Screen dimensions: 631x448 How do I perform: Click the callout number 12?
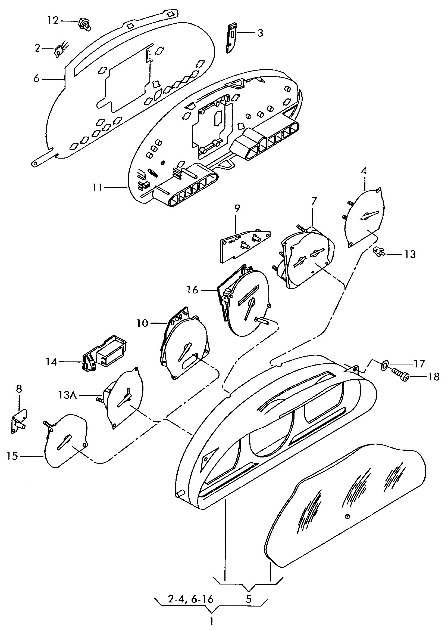click(x=53, y=20)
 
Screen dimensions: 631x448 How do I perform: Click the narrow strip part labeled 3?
click(x=231, y=38)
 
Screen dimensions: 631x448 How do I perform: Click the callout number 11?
click(x=97, y=188)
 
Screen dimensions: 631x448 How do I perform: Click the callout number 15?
click(x=12, y=456)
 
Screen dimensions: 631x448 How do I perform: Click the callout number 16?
click(x=192, y=290)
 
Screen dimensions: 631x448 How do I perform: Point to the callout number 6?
click(x=36, y=79)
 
